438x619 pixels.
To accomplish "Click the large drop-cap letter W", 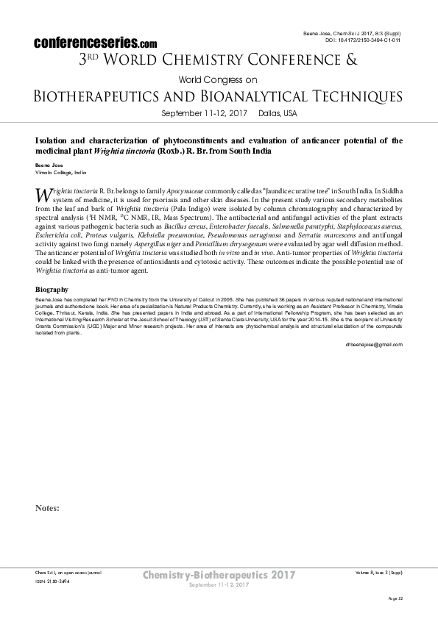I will pos(43,195).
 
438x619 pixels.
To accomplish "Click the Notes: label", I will pos(47,508).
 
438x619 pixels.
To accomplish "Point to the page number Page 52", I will pos(395,598).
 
